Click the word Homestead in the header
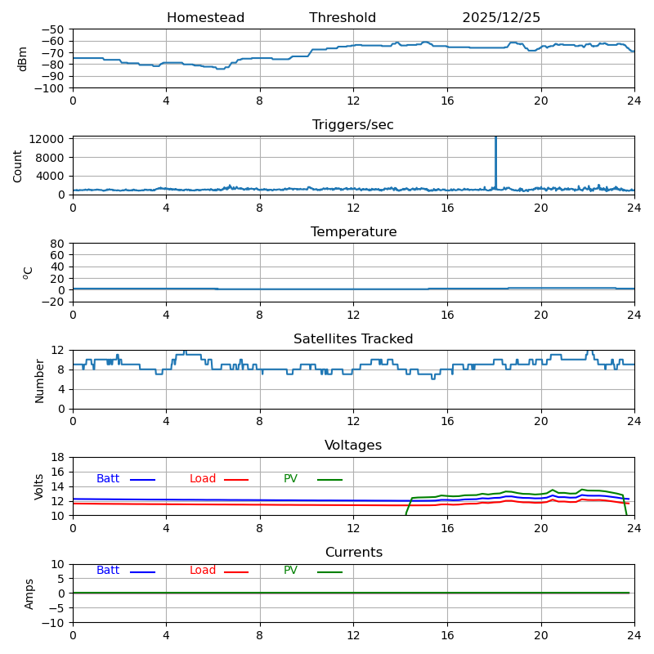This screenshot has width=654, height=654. pyautogui.click(x=205, y=18)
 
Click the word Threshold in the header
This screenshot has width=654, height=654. pyautogui.click(x=343, y=18)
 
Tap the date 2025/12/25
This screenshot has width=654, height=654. pyautogui.click(x=501, y=18)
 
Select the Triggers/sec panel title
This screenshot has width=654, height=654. pyautogui.click(x=353, y=125)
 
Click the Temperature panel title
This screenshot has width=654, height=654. pyautogui.click(x=353, y=232)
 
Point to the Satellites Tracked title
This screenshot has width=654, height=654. pyautogui.click(x=353, y=339)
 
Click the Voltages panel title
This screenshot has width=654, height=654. pyautogui.click(x=353, y=446)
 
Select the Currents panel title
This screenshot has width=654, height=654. pyautogui.click(x=353, y=553)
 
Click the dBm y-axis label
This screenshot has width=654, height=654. pyautogui.click(x=23, y=58)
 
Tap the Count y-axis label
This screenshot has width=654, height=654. pyautogui.click(x=18, y=165)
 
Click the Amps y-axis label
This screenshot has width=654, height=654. pyautogui.click(x=29, y=594)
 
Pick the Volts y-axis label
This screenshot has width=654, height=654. pyautogui.click(x=39, y=486)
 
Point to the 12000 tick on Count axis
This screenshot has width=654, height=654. pyautogui.click(x=47, y=139)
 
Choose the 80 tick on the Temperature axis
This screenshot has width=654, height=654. pyautogui.click(x=58, y=244)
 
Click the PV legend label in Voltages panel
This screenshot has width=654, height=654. pyautogui.click(x=290, y=479)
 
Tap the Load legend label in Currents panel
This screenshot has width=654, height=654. pyautogui.click(x=203, y=571)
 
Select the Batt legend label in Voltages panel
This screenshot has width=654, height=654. pyautogui.click(x=108, y=479)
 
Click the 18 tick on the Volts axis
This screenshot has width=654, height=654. pyautogui.click(x=58, y=457)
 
